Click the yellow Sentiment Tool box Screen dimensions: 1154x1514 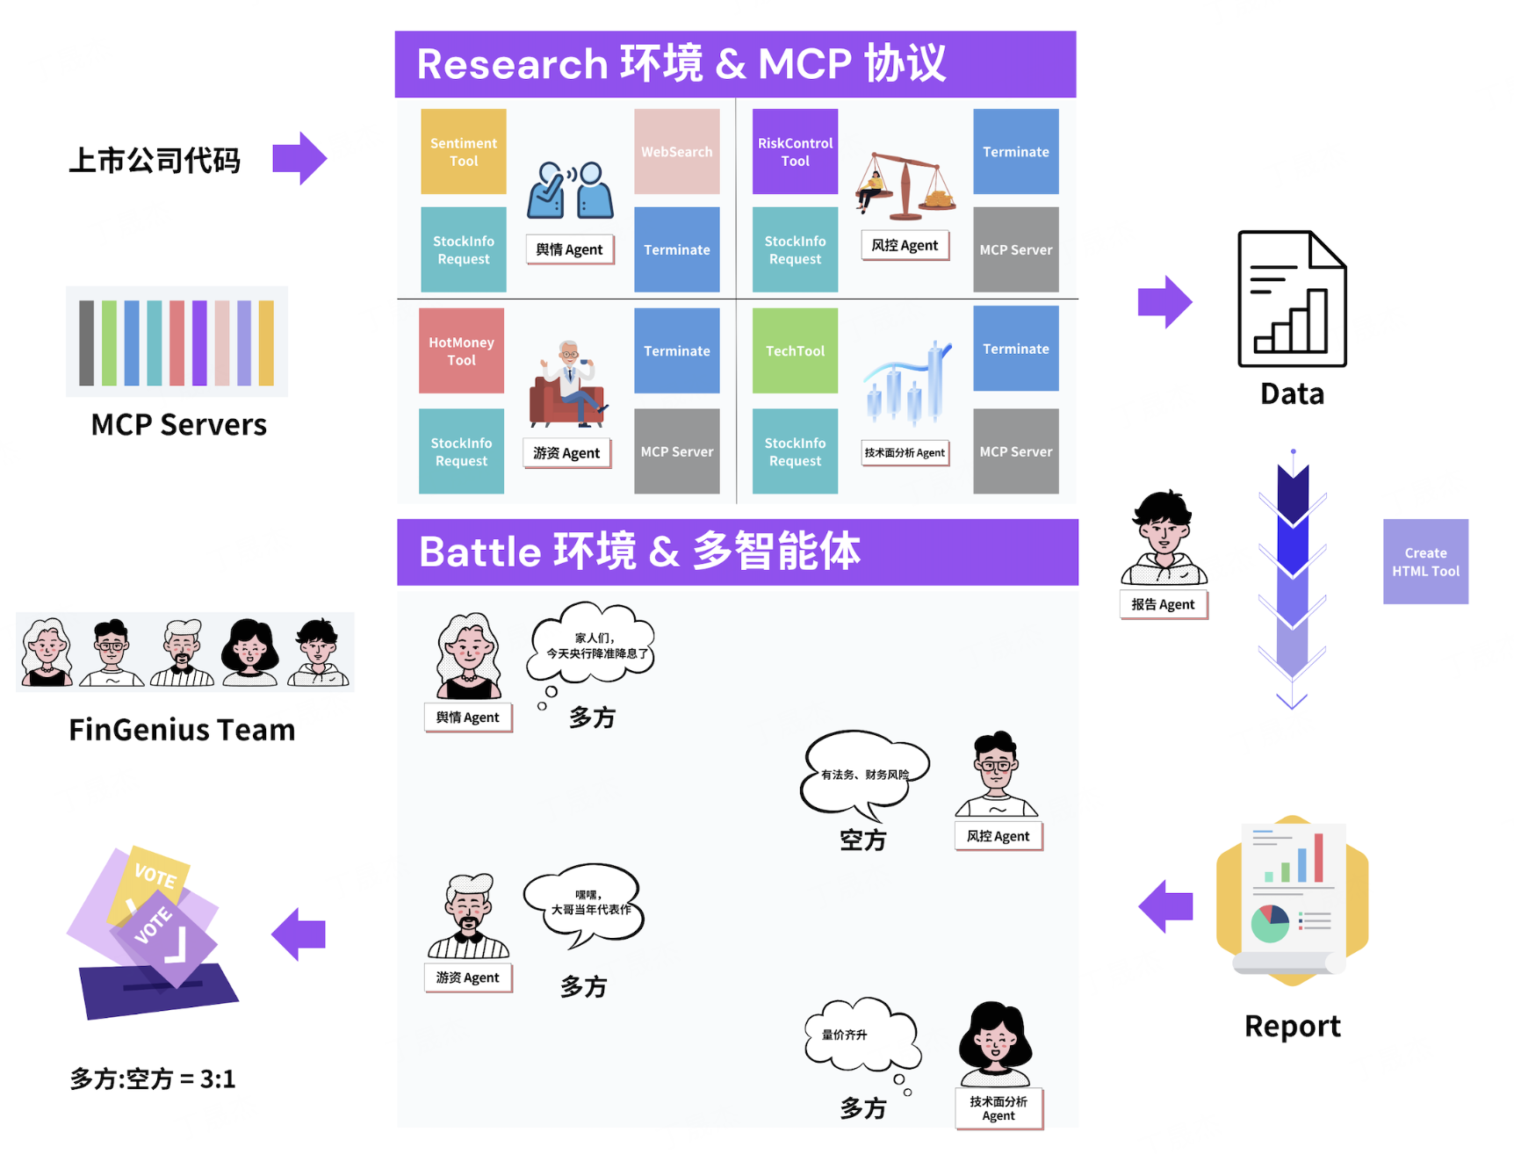click(463, 151)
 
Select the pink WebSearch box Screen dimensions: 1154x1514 click(676, 151)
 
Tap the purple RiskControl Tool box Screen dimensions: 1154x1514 click(795, 151)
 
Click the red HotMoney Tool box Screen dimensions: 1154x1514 click(461, 350)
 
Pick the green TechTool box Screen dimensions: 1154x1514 click(795, 350)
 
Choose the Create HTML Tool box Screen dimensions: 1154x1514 click(1425, 561)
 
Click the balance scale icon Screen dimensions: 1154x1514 click(905, 185)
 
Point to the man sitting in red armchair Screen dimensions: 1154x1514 click(567, 386)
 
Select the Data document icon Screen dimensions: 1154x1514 click(1292, 299)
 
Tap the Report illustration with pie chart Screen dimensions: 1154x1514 click(1292, 900)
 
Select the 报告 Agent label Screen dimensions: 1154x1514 click(1163, 604)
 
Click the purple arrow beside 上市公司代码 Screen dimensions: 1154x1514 click(299, 158)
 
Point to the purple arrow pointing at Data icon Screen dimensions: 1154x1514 click(1164, 302)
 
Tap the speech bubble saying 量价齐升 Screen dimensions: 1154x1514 click(861, 1035)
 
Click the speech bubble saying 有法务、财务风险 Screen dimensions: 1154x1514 click(864, 772)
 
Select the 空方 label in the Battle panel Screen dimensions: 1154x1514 click(862, 840)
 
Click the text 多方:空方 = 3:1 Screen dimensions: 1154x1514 click(153, 1078)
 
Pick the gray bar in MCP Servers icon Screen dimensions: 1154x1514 click(86, 343)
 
